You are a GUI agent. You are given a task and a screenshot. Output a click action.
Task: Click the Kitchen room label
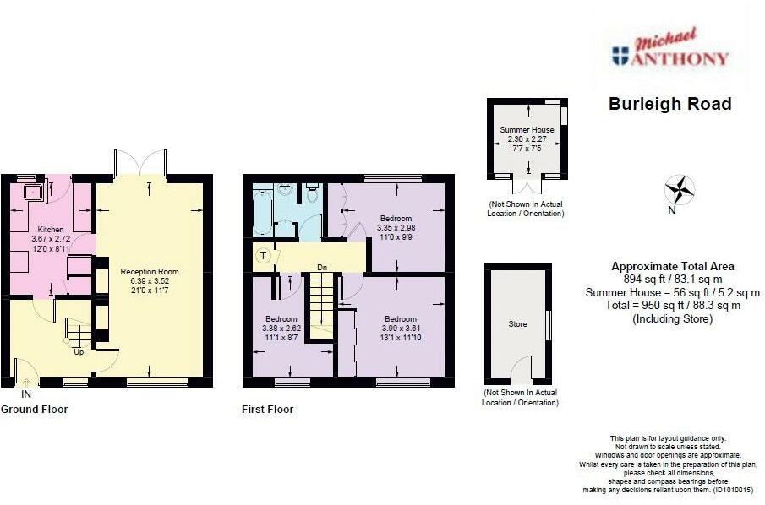51,229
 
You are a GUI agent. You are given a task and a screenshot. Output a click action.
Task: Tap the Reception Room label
150,272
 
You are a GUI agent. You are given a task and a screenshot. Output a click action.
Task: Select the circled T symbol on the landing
264,255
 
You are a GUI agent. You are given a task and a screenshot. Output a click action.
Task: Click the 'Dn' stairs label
322,267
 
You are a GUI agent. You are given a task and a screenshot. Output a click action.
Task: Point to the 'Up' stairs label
79,351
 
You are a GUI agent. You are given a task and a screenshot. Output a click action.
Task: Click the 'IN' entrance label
26,394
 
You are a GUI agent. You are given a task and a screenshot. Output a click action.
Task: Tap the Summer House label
527,130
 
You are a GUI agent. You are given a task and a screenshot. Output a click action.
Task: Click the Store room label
517,324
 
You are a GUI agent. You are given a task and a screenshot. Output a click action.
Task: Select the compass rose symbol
680,189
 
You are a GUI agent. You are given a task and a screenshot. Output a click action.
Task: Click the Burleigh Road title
669,104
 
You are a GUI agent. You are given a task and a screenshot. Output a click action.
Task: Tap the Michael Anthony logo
670,49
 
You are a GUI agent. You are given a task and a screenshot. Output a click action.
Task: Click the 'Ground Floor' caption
34,410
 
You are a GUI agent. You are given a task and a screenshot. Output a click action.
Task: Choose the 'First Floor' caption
267,410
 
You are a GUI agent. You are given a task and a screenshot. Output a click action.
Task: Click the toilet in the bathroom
312,193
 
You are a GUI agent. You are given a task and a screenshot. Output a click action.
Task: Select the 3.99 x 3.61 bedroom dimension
401,328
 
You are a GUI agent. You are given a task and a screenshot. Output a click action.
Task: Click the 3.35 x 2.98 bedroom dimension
396,228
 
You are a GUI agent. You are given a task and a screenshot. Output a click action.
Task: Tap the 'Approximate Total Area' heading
672,267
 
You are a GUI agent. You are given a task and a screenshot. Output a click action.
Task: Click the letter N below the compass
672,210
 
